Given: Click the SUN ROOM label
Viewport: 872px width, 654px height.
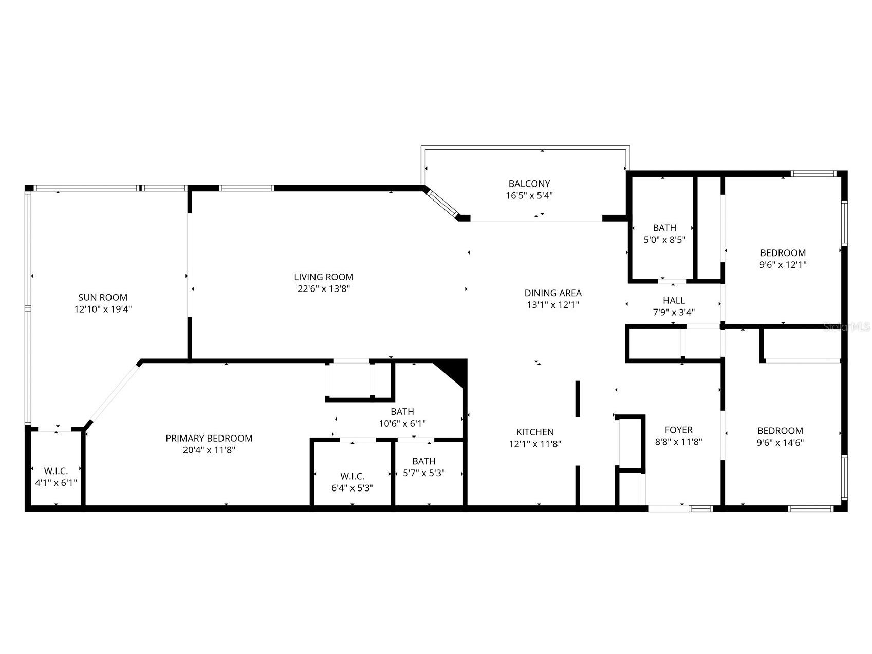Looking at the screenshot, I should coord(103,297).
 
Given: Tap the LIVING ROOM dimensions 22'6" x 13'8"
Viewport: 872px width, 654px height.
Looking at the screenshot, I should coord(324,289).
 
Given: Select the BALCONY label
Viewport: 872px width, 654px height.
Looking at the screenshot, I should coord(529,184).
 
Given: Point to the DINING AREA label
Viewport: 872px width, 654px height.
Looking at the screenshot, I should coord(553,293).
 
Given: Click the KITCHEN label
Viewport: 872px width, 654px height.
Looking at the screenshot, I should coord(535,432).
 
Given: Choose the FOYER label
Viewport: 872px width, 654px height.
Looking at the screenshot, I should coord(678,430).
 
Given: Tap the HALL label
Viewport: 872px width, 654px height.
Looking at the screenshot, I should coord(674,300).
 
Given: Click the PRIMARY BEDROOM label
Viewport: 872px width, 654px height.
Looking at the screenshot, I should coord(209,438).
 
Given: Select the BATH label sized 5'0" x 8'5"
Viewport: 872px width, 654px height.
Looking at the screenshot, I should coord(664,228).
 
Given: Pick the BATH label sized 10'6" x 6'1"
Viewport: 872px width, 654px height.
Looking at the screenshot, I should coord(402,411).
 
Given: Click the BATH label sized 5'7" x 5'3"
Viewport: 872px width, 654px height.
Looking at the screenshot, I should coord(423,461).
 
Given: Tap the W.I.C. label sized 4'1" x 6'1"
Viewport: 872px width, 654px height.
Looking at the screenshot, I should coord(55,470).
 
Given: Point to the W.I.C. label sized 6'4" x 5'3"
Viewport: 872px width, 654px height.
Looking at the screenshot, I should coord(352,476).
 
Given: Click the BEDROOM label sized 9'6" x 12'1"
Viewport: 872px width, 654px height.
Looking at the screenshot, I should coord(783,253).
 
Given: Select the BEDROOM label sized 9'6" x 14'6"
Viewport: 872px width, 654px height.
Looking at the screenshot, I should coord(780,431).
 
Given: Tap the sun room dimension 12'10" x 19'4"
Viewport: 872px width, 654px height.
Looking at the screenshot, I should coord(103,310).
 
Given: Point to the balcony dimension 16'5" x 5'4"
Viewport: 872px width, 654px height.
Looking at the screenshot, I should coord(529,195).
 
